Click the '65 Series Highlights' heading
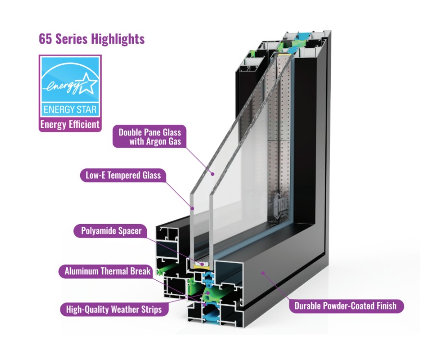pos(92,39)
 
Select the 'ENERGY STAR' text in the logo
pos(70,109)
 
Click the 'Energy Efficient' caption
pos(70,125)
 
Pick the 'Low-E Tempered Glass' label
pos(123,175)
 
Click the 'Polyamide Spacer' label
pos(110,231)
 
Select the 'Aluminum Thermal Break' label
pos(107,272)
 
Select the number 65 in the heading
pos(46,39)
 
